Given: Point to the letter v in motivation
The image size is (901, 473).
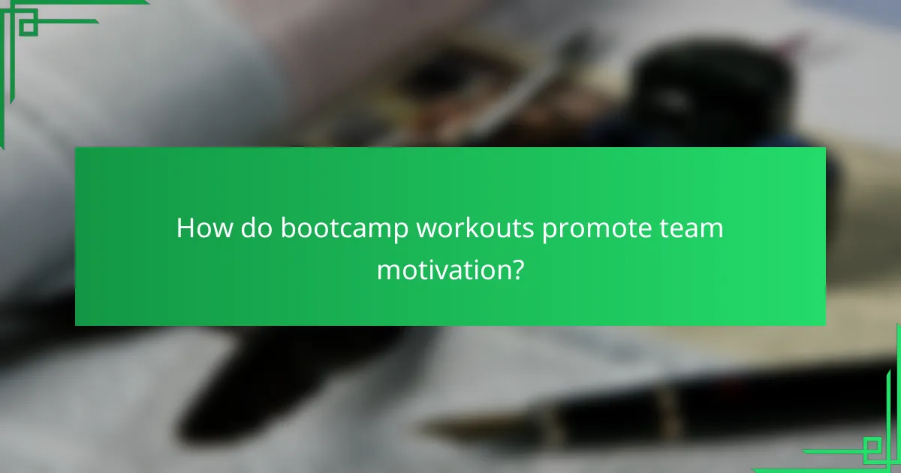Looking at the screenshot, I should [x=444, y=270].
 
